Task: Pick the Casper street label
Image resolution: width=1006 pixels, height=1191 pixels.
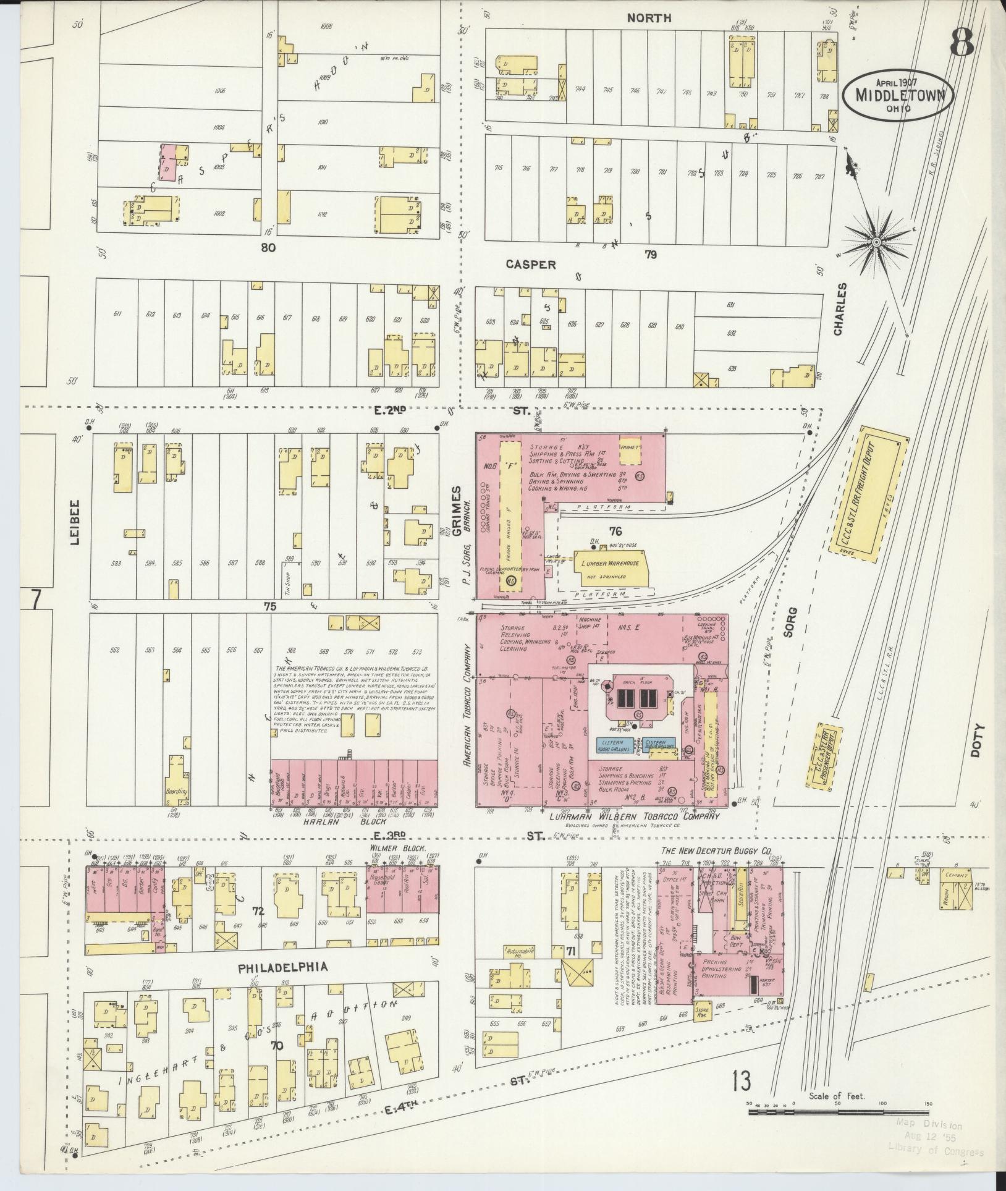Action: point(530,264)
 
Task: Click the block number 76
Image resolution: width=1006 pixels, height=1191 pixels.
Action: point(615,531)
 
